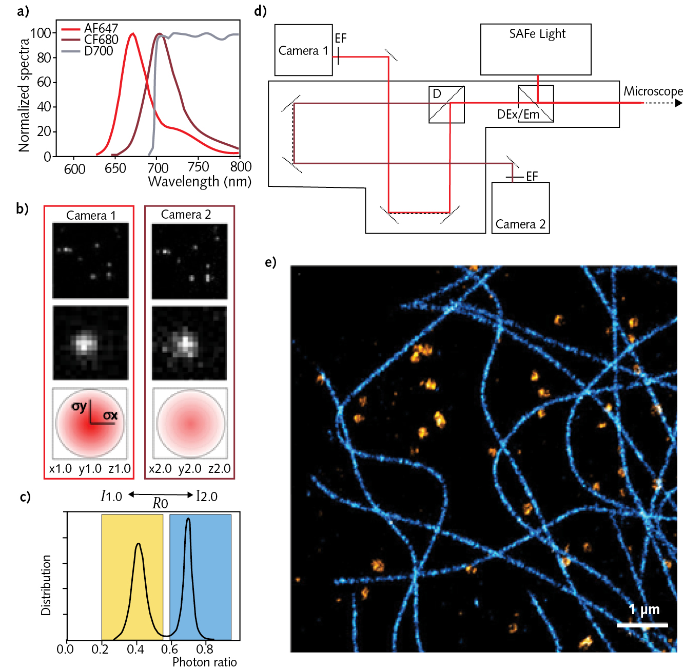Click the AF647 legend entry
coord(101,28)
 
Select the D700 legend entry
coord(98,51)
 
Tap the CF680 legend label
coord(101,40)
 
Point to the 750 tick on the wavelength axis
coord(198,167)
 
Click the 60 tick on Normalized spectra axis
coord(44,82)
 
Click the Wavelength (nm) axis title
coord(200,182)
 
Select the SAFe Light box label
coord(537,34)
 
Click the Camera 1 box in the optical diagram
coord(303,50)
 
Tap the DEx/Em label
coord(518,114)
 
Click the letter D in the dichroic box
coord(437,93)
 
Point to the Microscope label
coord(653,91)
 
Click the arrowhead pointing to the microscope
coord(678,103)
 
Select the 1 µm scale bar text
coord(644,609)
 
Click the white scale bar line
coord(642,625)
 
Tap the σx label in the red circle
coord(110,415)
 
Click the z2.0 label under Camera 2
coord(219,469)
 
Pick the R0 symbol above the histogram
coord(160,504)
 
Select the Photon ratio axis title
coord(204,662)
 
